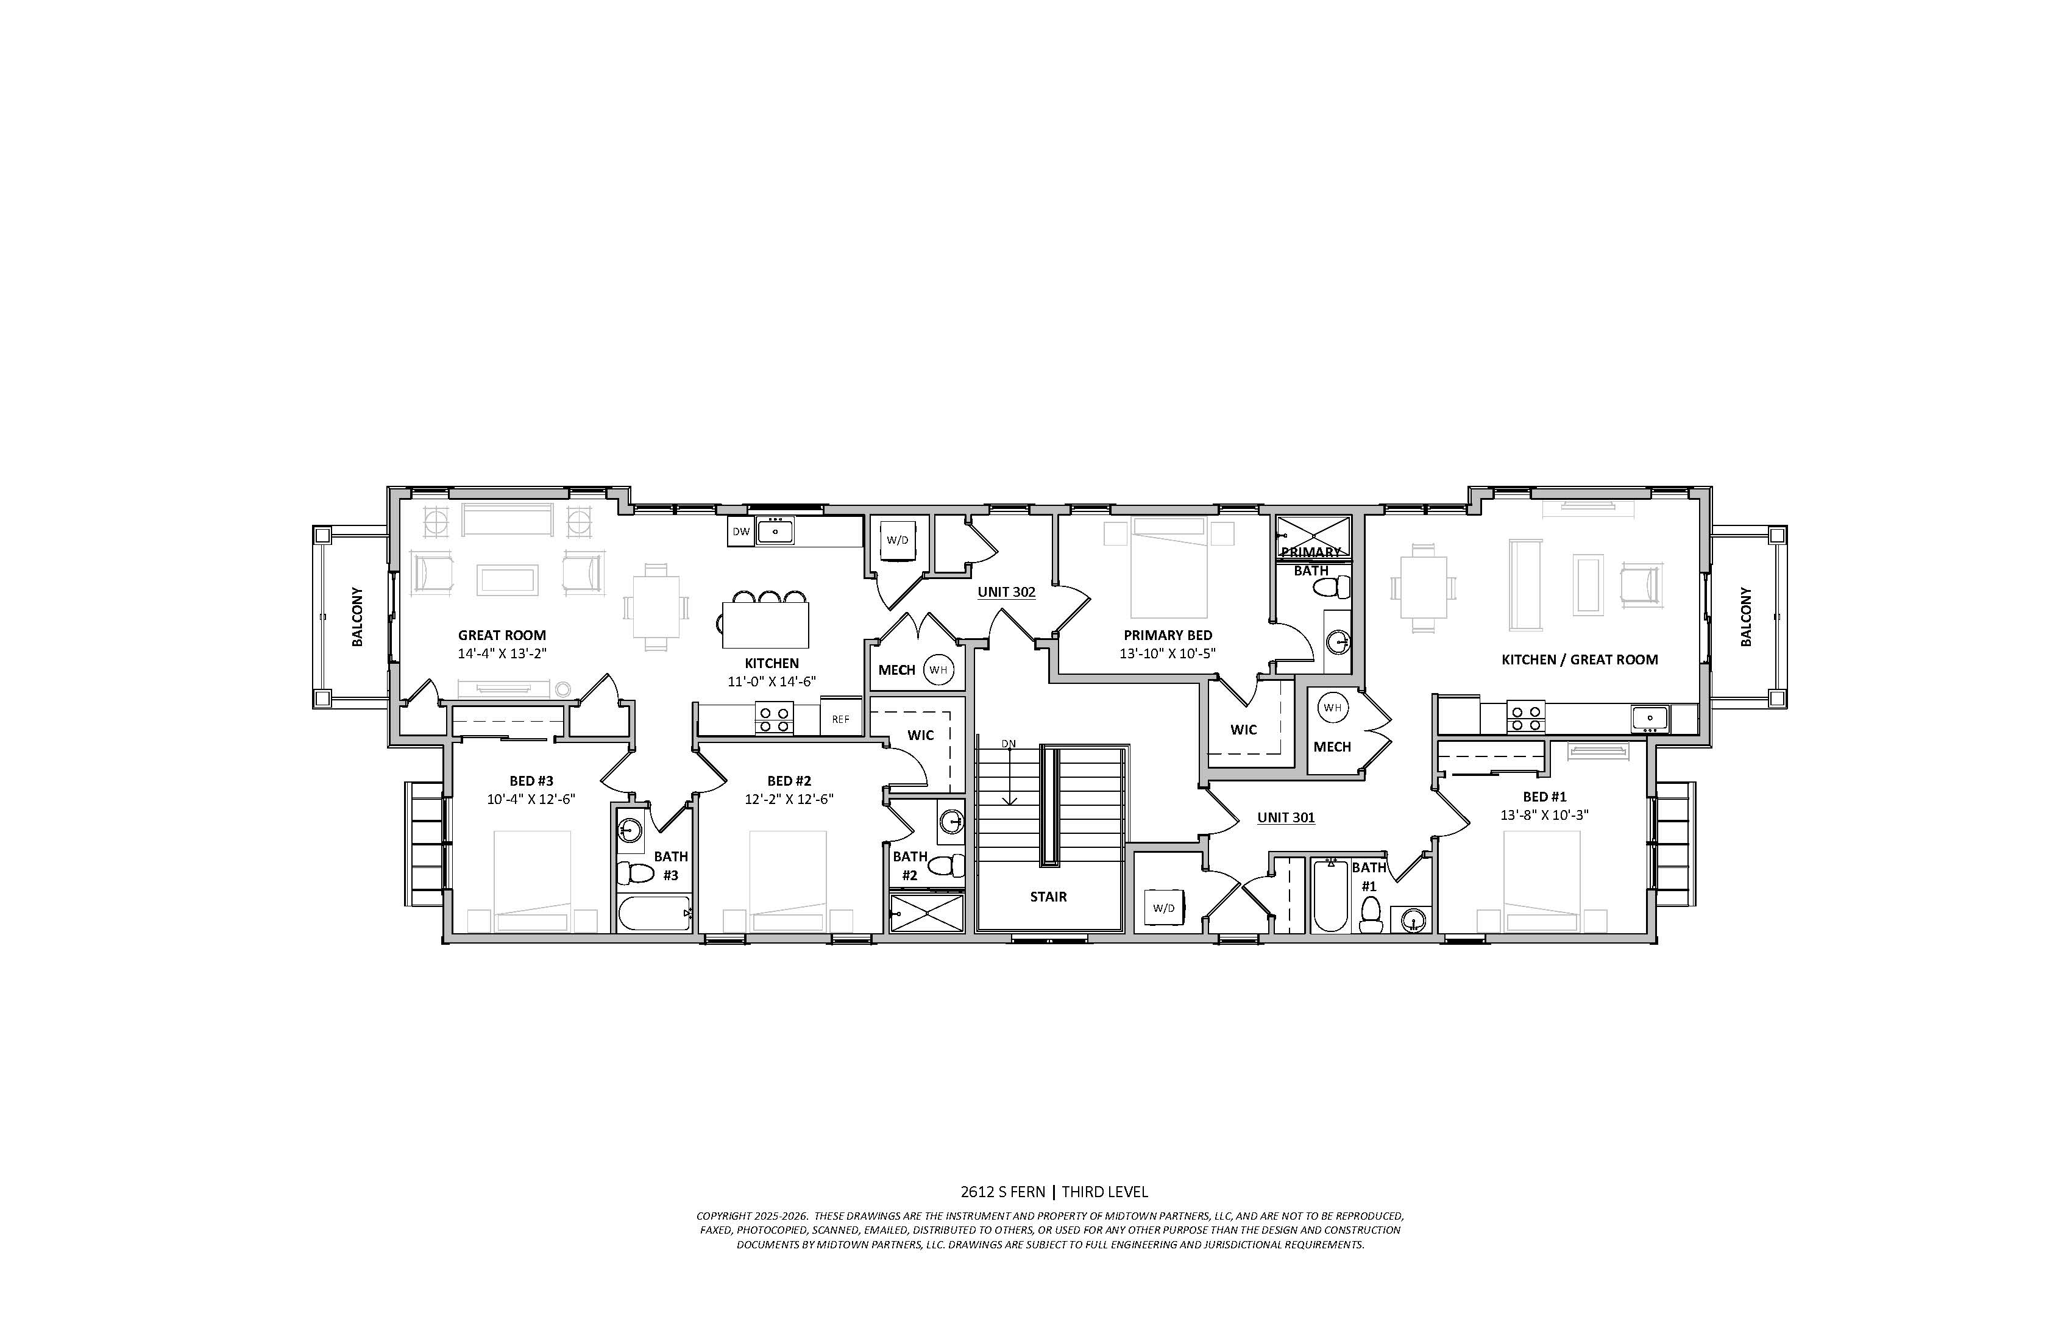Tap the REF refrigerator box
click(x=841, y=719)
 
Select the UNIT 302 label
click(x=1006, y=592)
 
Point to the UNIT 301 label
click(x=1286, y=817)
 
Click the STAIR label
click(x=1048, y=896)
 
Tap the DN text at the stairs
click(x=1008, y=744)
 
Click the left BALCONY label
click(x=358, y=616)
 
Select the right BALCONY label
click(x=1745, y=616)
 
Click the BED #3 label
click(x=531, y=781)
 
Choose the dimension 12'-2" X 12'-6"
click(x=789, y=799)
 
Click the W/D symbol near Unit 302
click(x=898, y=540)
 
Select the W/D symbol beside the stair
click(x=1164, y=908)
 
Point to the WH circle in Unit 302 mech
click(x=938, y=670)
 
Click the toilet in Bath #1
click(x=1371, y=914)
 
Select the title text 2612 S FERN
click(x=1003, y=1192)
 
